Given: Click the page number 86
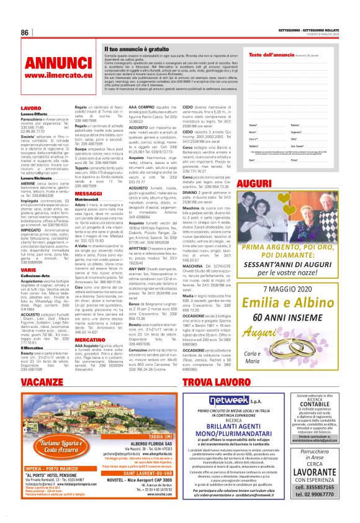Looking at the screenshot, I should [25, 32].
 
